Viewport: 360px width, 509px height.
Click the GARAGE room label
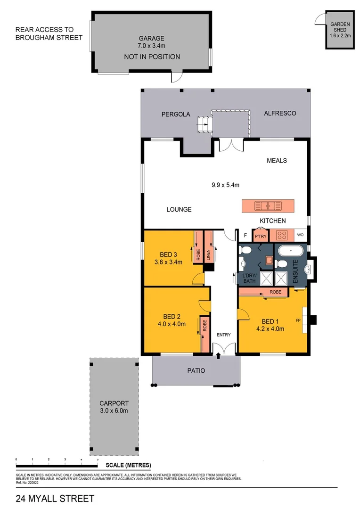(x=151, y=39)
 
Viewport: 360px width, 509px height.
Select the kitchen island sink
(x=268, y=206)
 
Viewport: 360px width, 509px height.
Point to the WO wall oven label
(x=300, y=235)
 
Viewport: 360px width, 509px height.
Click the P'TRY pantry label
(x=260, y=236)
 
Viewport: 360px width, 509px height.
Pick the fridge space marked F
(x=245, y=235)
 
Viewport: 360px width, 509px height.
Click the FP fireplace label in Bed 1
(x=298, y=320)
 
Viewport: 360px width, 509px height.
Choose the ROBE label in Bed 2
(x=205, y=326)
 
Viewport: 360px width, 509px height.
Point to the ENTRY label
(x=223, y=335)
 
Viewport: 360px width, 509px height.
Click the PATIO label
(x=196, y=370)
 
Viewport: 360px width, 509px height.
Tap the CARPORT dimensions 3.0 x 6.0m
(x=114, y=410)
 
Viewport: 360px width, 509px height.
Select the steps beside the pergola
(x=204, y=124)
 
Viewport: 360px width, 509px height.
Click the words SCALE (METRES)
(x=125, y=465)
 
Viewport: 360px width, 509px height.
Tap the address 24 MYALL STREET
(x=55, y=498)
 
